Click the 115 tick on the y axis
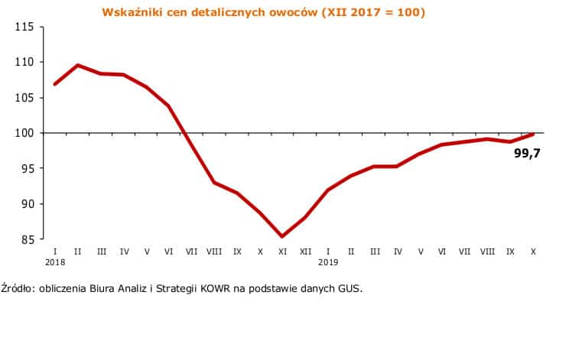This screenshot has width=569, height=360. [24, 27]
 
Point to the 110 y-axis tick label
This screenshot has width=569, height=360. [24, 62]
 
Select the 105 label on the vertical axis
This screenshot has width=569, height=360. [24, 98]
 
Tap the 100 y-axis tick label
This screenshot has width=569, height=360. [24, 133]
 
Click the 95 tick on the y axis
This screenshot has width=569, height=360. [26, 169]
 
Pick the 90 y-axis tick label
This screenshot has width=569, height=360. [26, 204]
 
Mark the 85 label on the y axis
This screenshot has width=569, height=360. [26, 240]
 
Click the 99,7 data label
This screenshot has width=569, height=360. [526, 153]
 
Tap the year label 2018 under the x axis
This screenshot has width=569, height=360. [55, 262]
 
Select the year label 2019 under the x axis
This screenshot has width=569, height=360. [328, 262]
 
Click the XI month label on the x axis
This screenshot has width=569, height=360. [282, 251]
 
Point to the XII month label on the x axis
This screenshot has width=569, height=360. [305, 251]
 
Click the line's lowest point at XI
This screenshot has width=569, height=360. [282, 236]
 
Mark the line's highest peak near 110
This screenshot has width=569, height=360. [78, 65]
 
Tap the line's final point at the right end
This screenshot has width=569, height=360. [532, 135]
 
